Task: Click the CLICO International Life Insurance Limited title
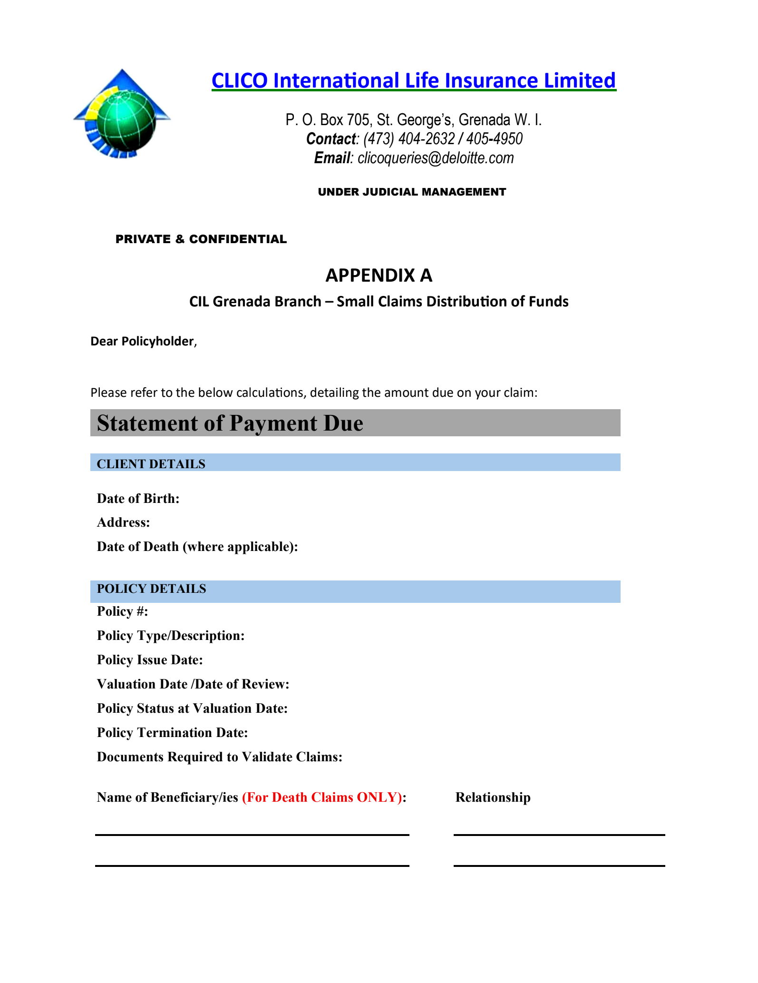(x=413, y=80)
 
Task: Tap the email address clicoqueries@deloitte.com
(x=435, y=158)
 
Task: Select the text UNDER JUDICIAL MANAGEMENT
(x=412, y=192)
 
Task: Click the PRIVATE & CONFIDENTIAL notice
(x=201, y=239)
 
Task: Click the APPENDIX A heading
(x=379, y=275)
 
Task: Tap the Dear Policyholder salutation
(x=143, y=341)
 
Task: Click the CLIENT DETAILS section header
(x=151, y=463)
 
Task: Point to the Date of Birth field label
(x=138, y=498)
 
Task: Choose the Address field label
(x=123, y=522)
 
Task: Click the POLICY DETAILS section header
(x=151, y=589)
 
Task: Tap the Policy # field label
(x=122, y=611)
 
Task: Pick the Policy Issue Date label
(x=150, y=660)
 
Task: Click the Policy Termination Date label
(x=172, y=732)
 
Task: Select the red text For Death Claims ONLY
(x=322, y=797)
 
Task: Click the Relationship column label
(x=493, y=797)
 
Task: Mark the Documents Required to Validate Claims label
(x=219, y=757)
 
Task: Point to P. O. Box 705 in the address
(x=327, y=119)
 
